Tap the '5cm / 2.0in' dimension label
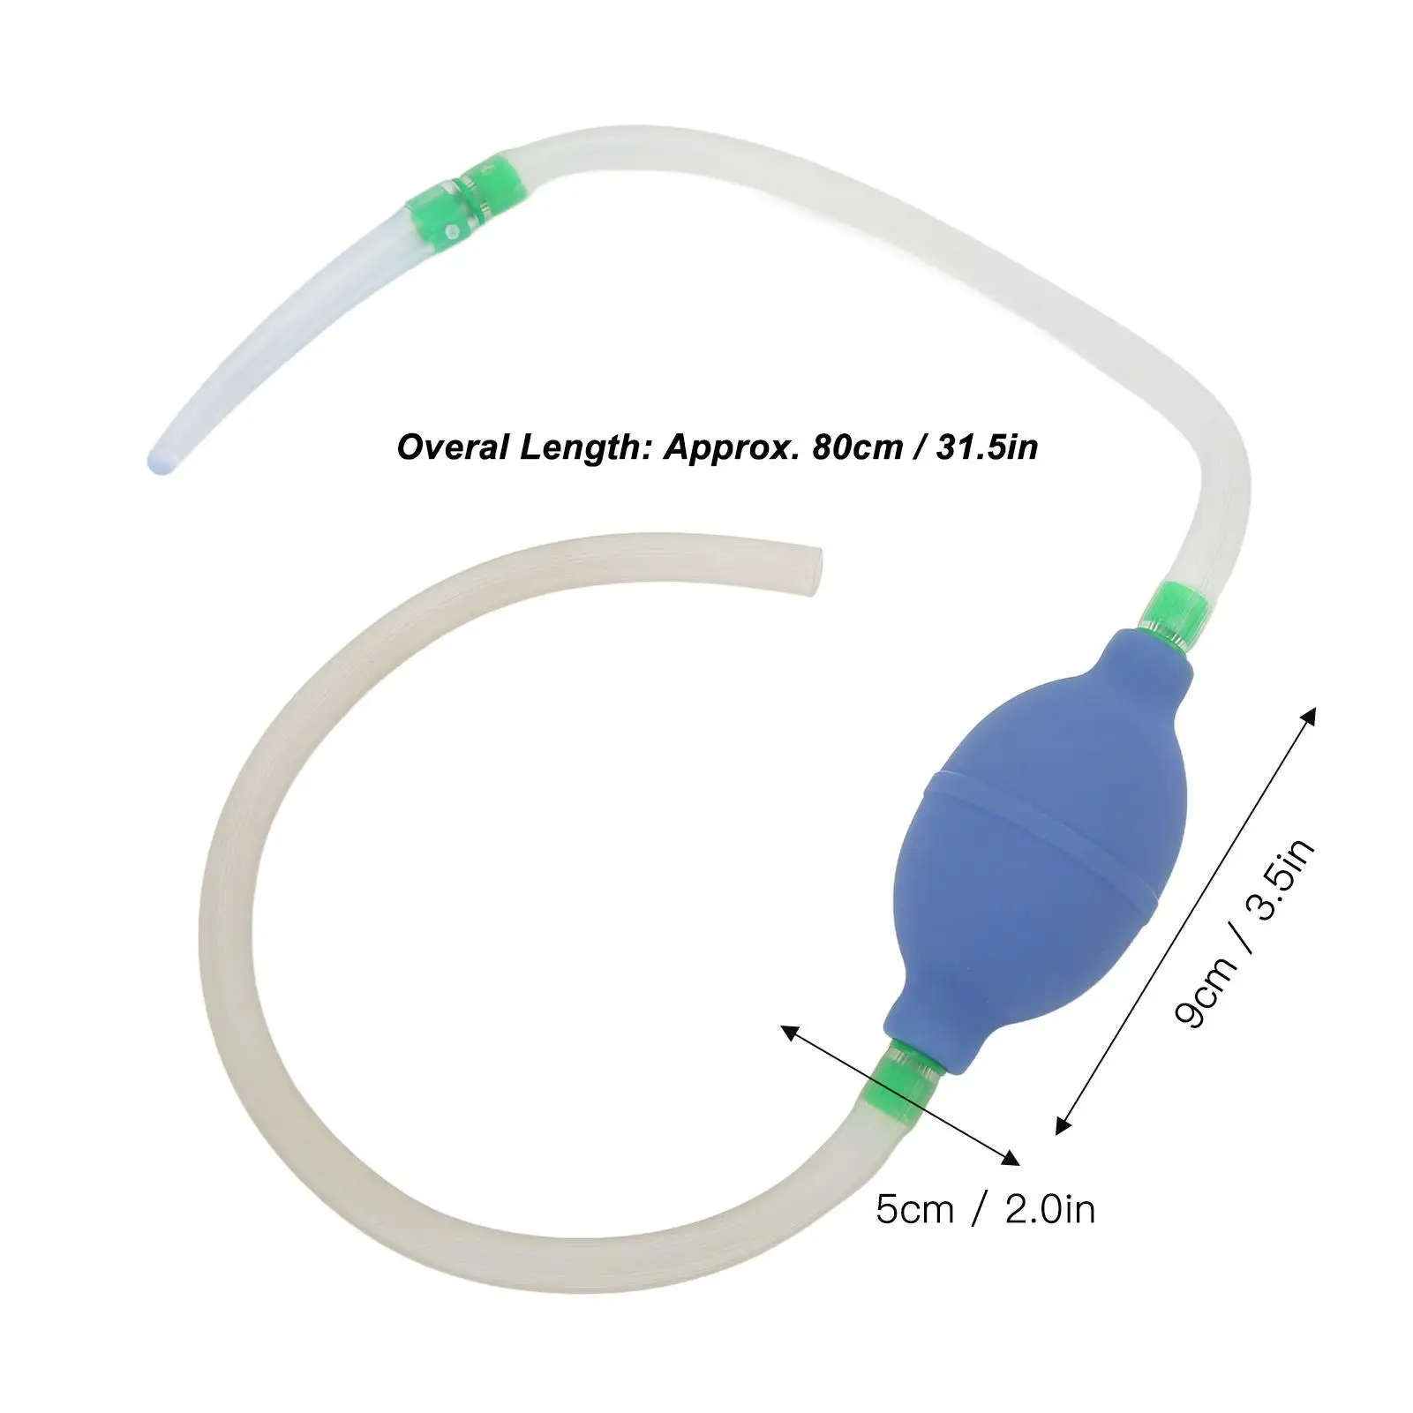tap(985, 1208)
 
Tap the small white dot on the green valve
tap(452, 231)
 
